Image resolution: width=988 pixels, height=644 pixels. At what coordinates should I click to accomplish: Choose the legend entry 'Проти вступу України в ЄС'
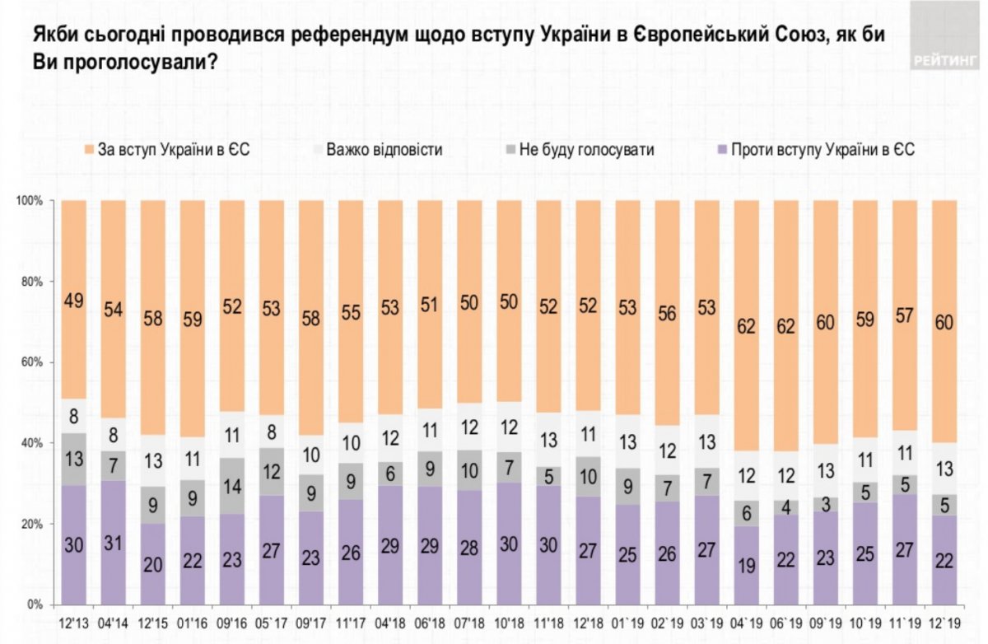(x=815, y=150)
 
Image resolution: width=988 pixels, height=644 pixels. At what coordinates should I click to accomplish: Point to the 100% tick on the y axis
(x=32, y=201)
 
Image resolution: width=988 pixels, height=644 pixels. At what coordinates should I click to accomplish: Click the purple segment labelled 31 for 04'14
(x=114, y=543)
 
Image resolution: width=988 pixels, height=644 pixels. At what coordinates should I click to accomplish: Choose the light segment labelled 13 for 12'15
(x=153, y=460)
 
